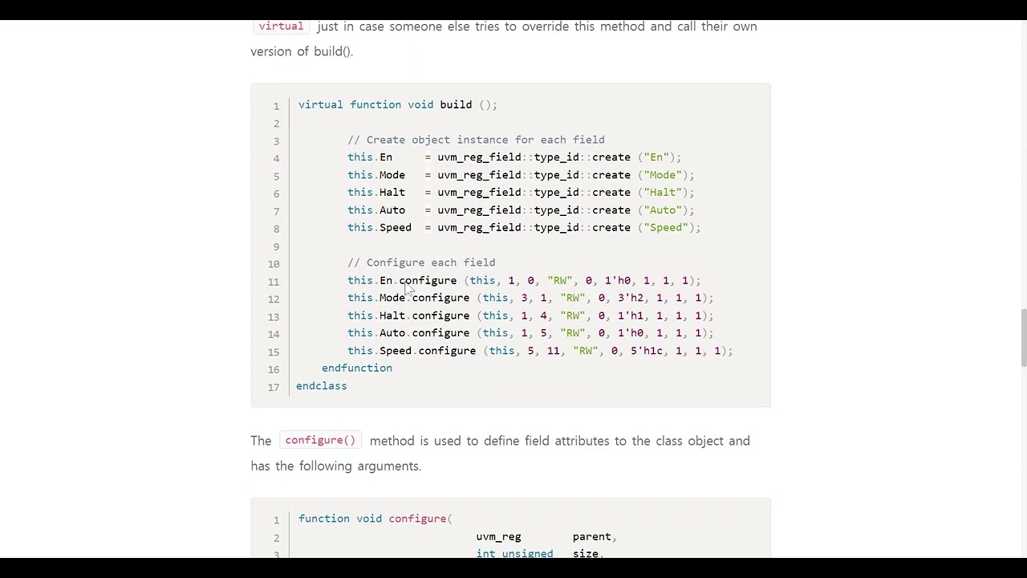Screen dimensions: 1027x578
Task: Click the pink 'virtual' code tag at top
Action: pyautogui.click(x=281, y=26)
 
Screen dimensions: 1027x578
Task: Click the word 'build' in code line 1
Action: pyautogui.click(x=456, y=104)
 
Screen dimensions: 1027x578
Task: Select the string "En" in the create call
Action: pyautogui.click(x=656, y=157)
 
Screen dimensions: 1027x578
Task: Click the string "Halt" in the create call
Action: pyautogui.click(x=663, y=192)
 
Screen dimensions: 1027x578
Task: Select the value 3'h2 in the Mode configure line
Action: pyautogui.click(x=631, y=298)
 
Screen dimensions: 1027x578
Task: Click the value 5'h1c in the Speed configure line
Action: pyautogui.click(x=647, y=351)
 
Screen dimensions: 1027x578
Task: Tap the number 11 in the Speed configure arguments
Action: pyautogui.click(x=554, y=351)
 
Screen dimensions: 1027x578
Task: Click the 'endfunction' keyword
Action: pyautogui.click(x=357, y=368)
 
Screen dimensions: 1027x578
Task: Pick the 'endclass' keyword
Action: pyautogui.click(x=322, y=386)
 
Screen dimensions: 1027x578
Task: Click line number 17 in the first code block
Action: pyautogui.click(x=274, y=387)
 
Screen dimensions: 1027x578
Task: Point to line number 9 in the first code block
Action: pyautogui.click(x=277, y=246)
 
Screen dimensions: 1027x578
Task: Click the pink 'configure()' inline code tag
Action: pyautogui.click(x=320, y=441)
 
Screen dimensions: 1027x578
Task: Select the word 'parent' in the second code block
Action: pyautogui.click(x=591, y=537)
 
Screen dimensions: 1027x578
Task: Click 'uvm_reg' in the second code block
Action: pyautogui.click(x=498, y=537)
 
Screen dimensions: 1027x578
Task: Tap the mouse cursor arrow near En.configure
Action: pyautogui.click(x=409, y=290)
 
